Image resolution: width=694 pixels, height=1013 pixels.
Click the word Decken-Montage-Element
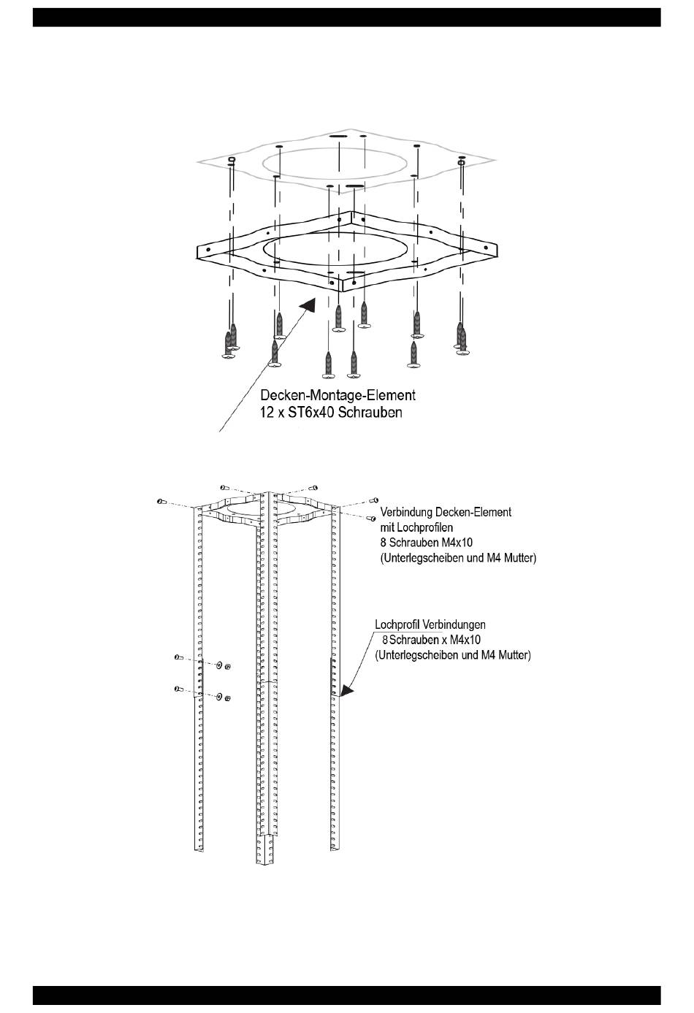pos(338,395)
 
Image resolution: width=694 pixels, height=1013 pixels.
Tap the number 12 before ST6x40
pos(268,413)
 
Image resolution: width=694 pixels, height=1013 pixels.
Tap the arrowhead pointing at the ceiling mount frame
pos(310,304)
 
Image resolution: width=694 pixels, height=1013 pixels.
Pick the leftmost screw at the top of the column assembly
pos(161,501)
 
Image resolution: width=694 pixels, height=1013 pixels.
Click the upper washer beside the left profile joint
pos(219,665)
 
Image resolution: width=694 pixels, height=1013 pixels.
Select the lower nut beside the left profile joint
pos(229,699)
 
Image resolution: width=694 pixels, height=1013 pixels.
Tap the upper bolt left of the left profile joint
pos(178,658)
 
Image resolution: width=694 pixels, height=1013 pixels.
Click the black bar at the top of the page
pos(347,17)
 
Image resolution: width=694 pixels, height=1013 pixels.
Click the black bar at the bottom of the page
pos(347,995)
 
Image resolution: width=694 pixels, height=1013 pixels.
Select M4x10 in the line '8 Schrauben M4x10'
pos(457,543)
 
